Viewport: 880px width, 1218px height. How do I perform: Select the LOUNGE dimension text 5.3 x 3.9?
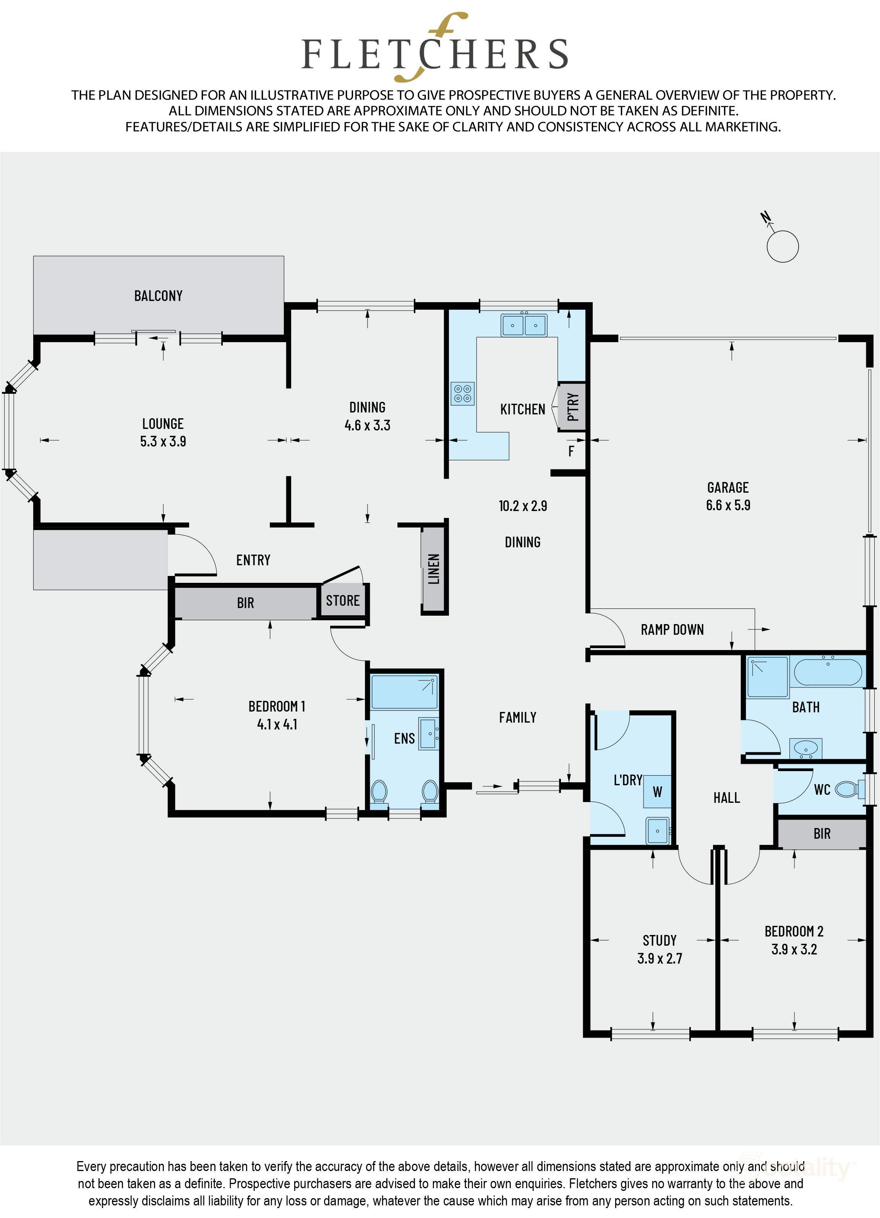163,442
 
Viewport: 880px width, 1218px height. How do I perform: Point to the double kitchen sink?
524,325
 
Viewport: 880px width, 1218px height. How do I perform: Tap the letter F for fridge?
571,451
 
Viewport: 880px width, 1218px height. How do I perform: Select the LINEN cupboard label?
434,569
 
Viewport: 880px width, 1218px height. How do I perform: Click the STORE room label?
343,600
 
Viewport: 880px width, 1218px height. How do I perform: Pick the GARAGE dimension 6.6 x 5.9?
728,505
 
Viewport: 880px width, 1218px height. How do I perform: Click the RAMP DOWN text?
672,629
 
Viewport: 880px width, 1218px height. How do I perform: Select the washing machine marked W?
657,792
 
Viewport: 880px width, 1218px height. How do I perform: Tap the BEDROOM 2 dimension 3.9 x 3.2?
794,949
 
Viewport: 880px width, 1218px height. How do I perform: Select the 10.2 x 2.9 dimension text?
523,506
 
